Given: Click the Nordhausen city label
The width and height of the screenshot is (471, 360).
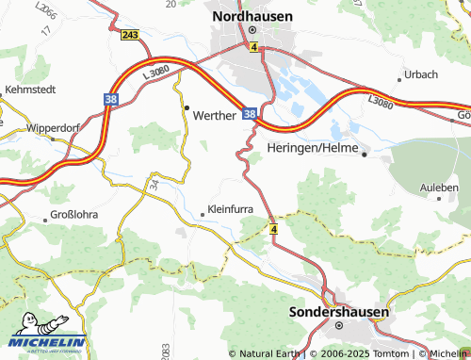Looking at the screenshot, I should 252,16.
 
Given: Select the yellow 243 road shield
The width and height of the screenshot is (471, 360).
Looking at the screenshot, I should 131,35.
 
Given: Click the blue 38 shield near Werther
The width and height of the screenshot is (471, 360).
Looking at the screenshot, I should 250,113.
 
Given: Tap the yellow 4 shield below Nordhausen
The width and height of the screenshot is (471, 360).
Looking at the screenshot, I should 253,45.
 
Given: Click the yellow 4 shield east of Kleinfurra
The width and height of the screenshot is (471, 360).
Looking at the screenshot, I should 273,229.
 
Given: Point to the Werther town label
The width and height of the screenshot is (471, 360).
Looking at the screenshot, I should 217,114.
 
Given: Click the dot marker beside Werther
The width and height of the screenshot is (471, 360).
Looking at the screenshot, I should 187,106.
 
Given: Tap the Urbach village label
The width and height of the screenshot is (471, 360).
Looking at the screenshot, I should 419,74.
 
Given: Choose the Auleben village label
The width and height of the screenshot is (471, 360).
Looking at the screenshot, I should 438,188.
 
